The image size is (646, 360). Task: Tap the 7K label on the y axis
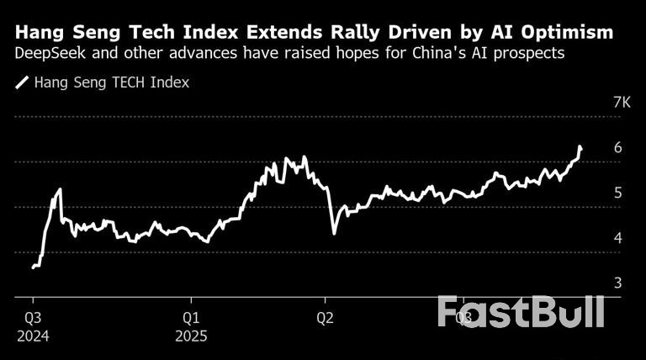[x=622, y=103]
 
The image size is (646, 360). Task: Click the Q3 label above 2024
[x=33, y=318]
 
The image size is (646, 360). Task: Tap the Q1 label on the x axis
[x=192, y=318]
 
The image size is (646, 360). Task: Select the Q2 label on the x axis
[x=325, y=318]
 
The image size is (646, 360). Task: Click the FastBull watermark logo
[x=521, y=311]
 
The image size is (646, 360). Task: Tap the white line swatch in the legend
[x=21, y=82]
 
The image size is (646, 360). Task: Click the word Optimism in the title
[x=568, y=33]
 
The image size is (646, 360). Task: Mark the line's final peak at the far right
[x=580, y=147]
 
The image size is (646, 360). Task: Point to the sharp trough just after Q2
[x=334, y=233]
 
